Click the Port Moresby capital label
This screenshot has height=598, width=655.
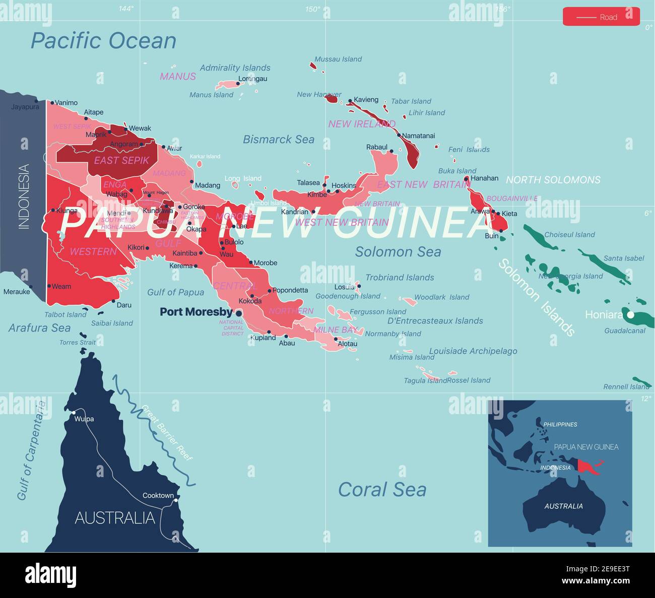coord(196,312)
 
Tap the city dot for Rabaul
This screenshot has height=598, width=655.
coord(391,151)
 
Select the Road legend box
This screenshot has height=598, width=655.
coord(601,17)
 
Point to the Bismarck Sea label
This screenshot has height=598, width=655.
coord(278,140)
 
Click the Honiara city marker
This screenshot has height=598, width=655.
coord(630,314)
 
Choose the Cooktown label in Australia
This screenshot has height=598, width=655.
coord(158,495)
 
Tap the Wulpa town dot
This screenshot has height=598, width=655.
coord(74,413)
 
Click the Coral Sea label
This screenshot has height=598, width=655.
coord(382,490)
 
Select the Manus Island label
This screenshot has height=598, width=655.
coord(211,95)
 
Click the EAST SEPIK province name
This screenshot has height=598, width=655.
coord(121,160)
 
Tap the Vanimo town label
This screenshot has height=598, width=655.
coord(66,103)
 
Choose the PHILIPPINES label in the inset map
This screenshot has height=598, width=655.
coord(560,424)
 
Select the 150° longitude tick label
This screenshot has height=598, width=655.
coord(312,9)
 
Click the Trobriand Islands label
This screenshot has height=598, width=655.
coord(400,278)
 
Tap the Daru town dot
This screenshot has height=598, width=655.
coord(113,301)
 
